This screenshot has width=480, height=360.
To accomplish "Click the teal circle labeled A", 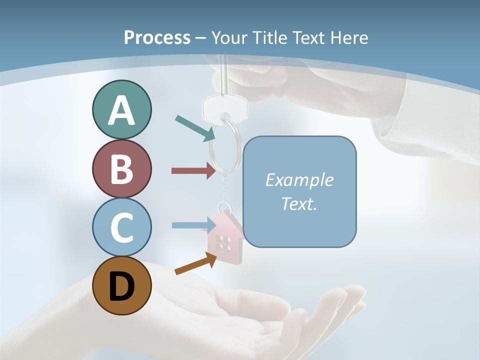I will pyautogui.click(x=121, y=110).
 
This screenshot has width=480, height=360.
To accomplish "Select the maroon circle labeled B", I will pyautogui.click(x=121, y=168).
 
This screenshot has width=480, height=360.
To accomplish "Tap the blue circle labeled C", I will pyautogui.click(x=121, y=227).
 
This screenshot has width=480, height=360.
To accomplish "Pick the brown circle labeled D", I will pyautogui.click(x=121, y=285).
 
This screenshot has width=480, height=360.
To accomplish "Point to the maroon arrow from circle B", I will pyautogui.click(x=193, y=171).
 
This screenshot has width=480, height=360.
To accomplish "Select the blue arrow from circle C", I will pyautogui.click(x=193, y=225).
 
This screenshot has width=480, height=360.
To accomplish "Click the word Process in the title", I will pyautogui.click(x=157, y=37).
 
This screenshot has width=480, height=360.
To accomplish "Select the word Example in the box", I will pyautogui.click(x=299, y=180).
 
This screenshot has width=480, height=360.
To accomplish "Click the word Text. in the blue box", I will pyautogui.click(x=299, y=203).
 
